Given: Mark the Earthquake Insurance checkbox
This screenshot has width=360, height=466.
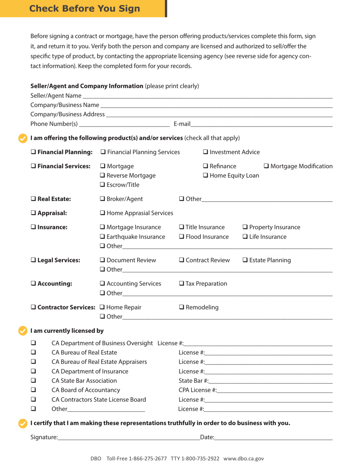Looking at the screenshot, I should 102,238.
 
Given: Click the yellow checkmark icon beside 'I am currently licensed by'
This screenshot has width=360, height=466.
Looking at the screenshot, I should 24,331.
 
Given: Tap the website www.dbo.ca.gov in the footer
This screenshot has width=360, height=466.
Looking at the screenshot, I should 244,458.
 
